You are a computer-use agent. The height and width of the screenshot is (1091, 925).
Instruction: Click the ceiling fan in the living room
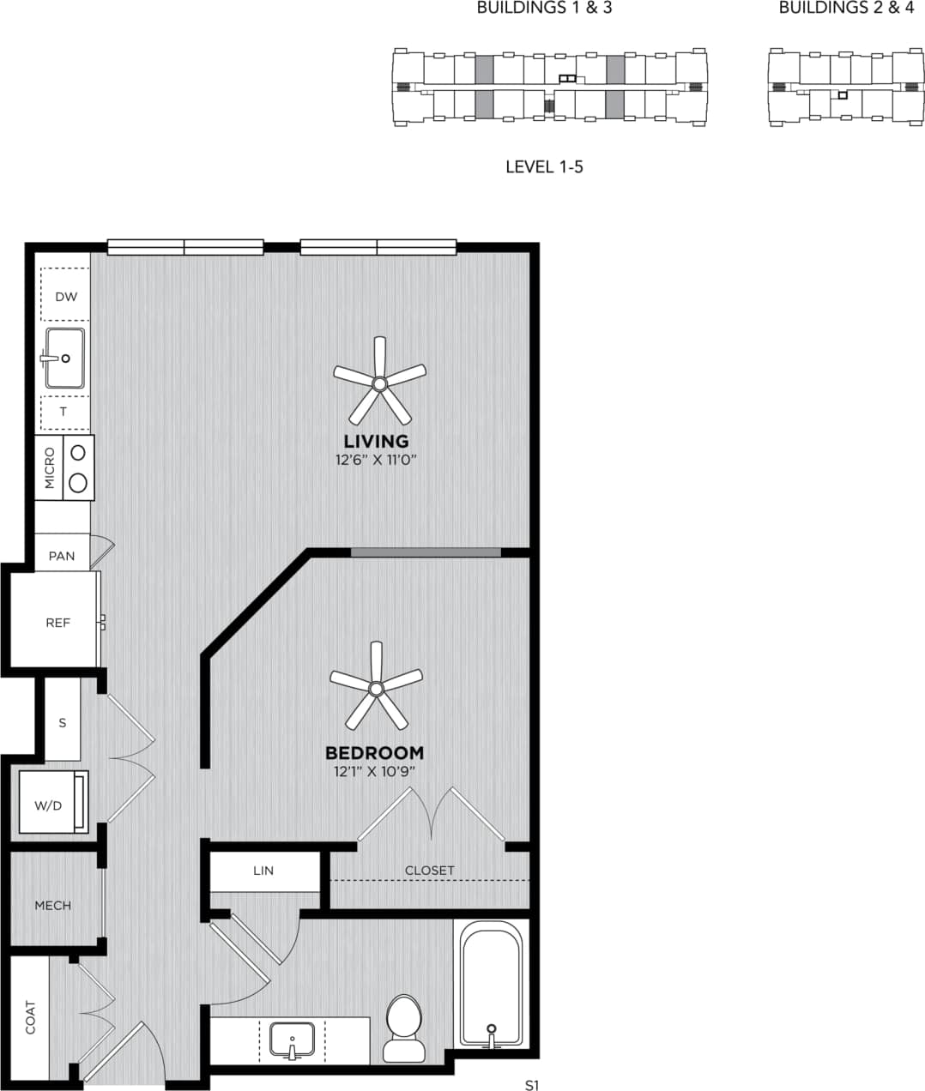pos(379,383)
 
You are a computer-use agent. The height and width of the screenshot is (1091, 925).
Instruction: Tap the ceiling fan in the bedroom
pos(376,687)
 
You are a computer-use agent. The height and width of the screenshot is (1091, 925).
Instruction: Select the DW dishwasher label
pos(66,297)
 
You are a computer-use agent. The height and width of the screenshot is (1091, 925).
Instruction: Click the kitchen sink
pos(65,358)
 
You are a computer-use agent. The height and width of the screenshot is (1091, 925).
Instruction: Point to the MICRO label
pos(50,467)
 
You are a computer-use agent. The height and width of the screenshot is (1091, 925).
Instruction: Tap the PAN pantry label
pos(62,556)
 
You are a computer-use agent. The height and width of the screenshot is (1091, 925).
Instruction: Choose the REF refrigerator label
pos(57,623)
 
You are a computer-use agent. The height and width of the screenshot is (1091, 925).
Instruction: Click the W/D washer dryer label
pos(48,805)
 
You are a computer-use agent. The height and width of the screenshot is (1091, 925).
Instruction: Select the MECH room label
pos(53,905)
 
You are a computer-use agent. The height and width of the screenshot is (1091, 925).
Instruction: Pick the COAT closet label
pos(31,1017)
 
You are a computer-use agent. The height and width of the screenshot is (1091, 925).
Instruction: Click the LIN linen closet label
pos(263,871)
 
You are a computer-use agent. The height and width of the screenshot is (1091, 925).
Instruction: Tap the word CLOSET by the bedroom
pos(430,871)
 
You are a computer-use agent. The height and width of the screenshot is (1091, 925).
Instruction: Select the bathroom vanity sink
pos(292,1040)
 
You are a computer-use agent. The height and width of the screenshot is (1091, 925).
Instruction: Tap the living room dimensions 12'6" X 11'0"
pos(376,460)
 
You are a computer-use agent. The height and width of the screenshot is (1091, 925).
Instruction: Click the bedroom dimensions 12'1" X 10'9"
pos(375,771)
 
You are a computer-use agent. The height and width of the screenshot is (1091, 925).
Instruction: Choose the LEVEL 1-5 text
pos(544,166)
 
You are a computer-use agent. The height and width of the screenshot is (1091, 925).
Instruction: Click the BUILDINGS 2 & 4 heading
pos(846,9)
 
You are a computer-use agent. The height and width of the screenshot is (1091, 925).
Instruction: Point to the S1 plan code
pos(532,1085)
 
